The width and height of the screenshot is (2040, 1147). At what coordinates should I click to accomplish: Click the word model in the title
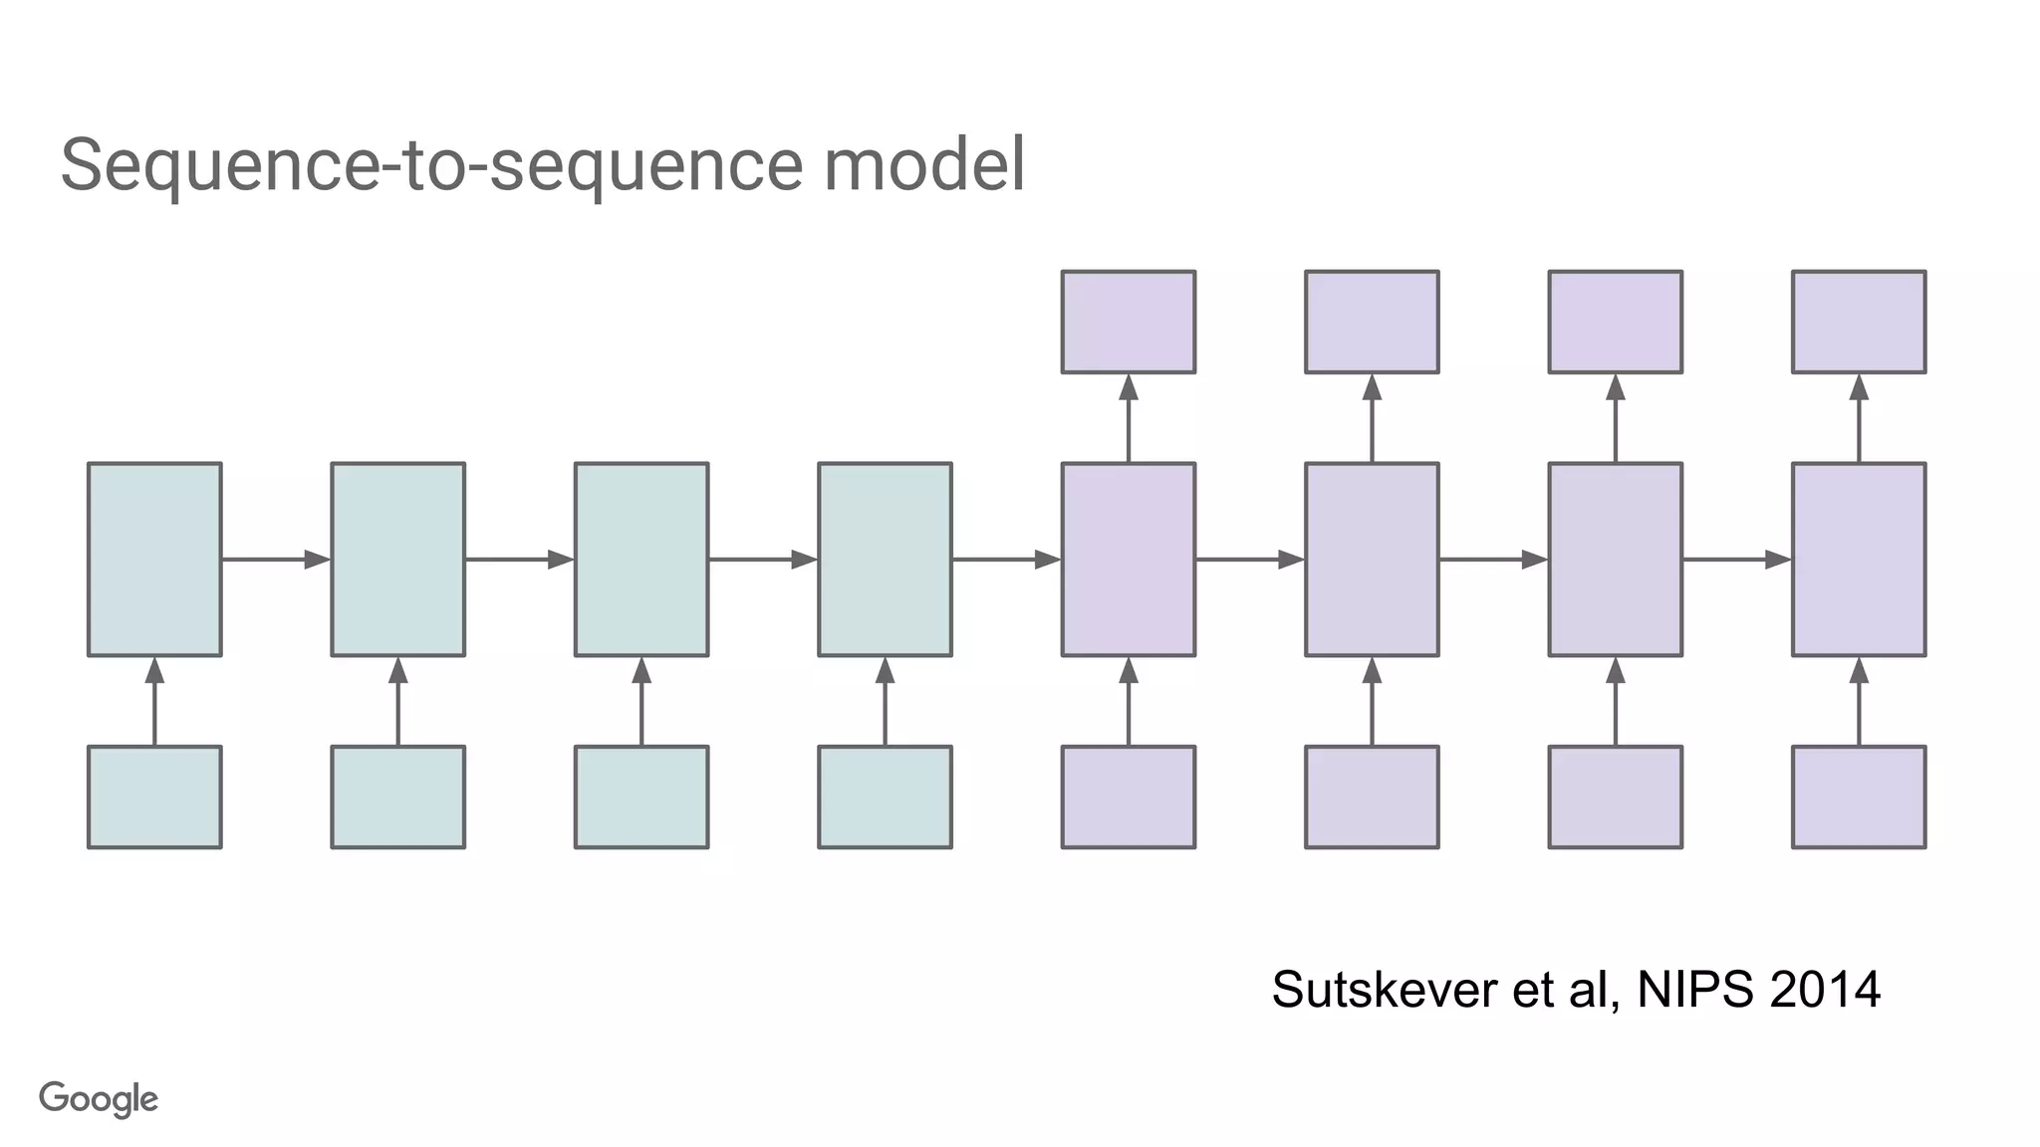923,165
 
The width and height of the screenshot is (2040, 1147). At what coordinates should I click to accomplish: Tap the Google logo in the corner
99,1099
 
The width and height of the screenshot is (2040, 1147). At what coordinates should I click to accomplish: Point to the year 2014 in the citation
1825,990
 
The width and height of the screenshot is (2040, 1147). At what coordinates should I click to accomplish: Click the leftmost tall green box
154,560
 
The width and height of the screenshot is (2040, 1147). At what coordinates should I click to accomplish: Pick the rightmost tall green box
885,560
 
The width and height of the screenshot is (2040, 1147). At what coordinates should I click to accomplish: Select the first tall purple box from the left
1129,560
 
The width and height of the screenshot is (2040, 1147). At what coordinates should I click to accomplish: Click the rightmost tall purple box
1859,560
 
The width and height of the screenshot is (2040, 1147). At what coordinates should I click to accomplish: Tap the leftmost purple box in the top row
1129,322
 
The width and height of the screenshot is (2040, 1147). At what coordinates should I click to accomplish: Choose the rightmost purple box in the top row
1859,322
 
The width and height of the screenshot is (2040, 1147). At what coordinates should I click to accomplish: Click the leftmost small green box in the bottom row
154,797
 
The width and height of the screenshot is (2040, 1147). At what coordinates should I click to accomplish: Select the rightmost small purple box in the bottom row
1859,797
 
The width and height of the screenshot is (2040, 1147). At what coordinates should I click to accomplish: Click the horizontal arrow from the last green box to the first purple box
1006,560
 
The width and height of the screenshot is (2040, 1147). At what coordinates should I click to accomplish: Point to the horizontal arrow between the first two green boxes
276,560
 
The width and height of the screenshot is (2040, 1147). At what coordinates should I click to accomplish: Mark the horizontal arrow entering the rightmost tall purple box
1736,560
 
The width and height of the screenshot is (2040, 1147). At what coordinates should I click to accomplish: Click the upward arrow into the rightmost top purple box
1859,418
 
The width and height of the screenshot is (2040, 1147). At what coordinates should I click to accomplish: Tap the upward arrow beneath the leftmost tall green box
154,701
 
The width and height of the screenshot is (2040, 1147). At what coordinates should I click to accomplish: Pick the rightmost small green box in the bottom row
885,797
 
